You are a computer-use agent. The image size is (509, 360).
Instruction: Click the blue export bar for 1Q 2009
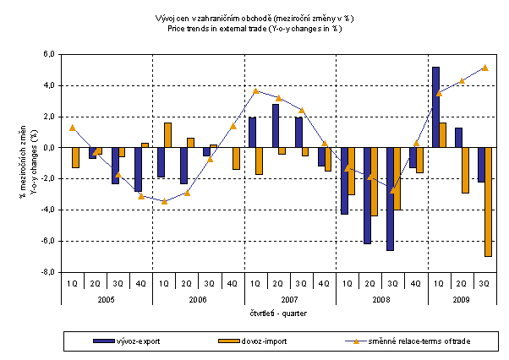(x=435, y=107)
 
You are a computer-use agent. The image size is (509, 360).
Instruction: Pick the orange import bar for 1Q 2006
(x=167, y=135)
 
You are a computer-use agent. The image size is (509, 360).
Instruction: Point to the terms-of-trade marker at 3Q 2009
(x=485, y=68)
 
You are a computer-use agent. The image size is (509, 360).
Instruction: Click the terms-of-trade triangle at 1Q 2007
(x=257, y=91)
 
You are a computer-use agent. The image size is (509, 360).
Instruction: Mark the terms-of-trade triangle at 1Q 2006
(x=165, y=200)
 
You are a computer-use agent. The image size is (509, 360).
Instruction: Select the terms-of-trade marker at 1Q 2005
(x=73, y=128)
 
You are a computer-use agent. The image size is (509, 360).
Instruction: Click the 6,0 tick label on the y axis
(x=49, y=54)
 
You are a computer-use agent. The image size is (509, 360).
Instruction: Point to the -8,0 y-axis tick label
(x=48, y=272)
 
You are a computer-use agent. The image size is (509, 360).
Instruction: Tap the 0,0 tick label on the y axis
(x=49, y=148)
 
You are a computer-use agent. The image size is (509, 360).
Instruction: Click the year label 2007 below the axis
(x=290, y=299)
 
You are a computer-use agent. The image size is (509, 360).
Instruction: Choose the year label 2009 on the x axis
(x=462, y=299)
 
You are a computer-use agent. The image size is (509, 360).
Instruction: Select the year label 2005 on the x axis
(x=107, y=299)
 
